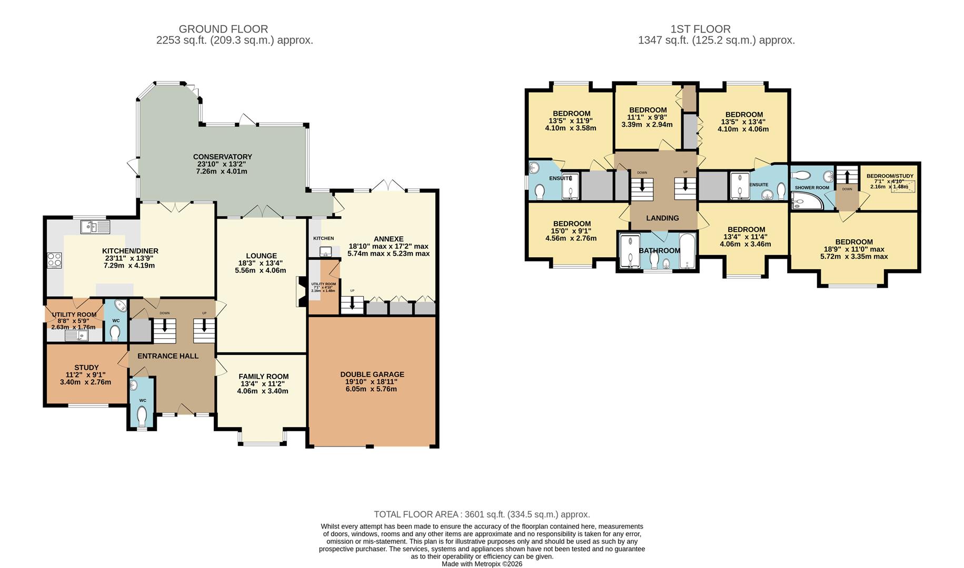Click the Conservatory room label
222,157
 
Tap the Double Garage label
372,374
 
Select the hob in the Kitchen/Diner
55,260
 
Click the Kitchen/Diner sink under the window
95,227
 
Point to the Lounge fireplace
301,291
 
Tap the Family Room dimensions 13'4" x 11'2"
263,384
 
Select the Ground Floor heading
223,29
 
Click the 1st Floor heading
700,29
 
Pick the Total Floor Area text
482,514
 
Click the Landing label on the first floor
662,218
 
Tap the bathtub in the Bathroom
687,251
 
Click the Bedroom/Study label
890,176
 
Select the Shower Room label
811,188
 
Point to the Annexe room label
389,238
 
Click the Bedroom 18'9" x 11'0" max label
853,242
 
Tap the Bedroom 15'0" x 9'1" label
572,224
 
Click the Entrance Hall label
168,356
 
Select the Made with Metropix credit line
482,564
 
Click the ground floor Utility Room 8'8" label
74,315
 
